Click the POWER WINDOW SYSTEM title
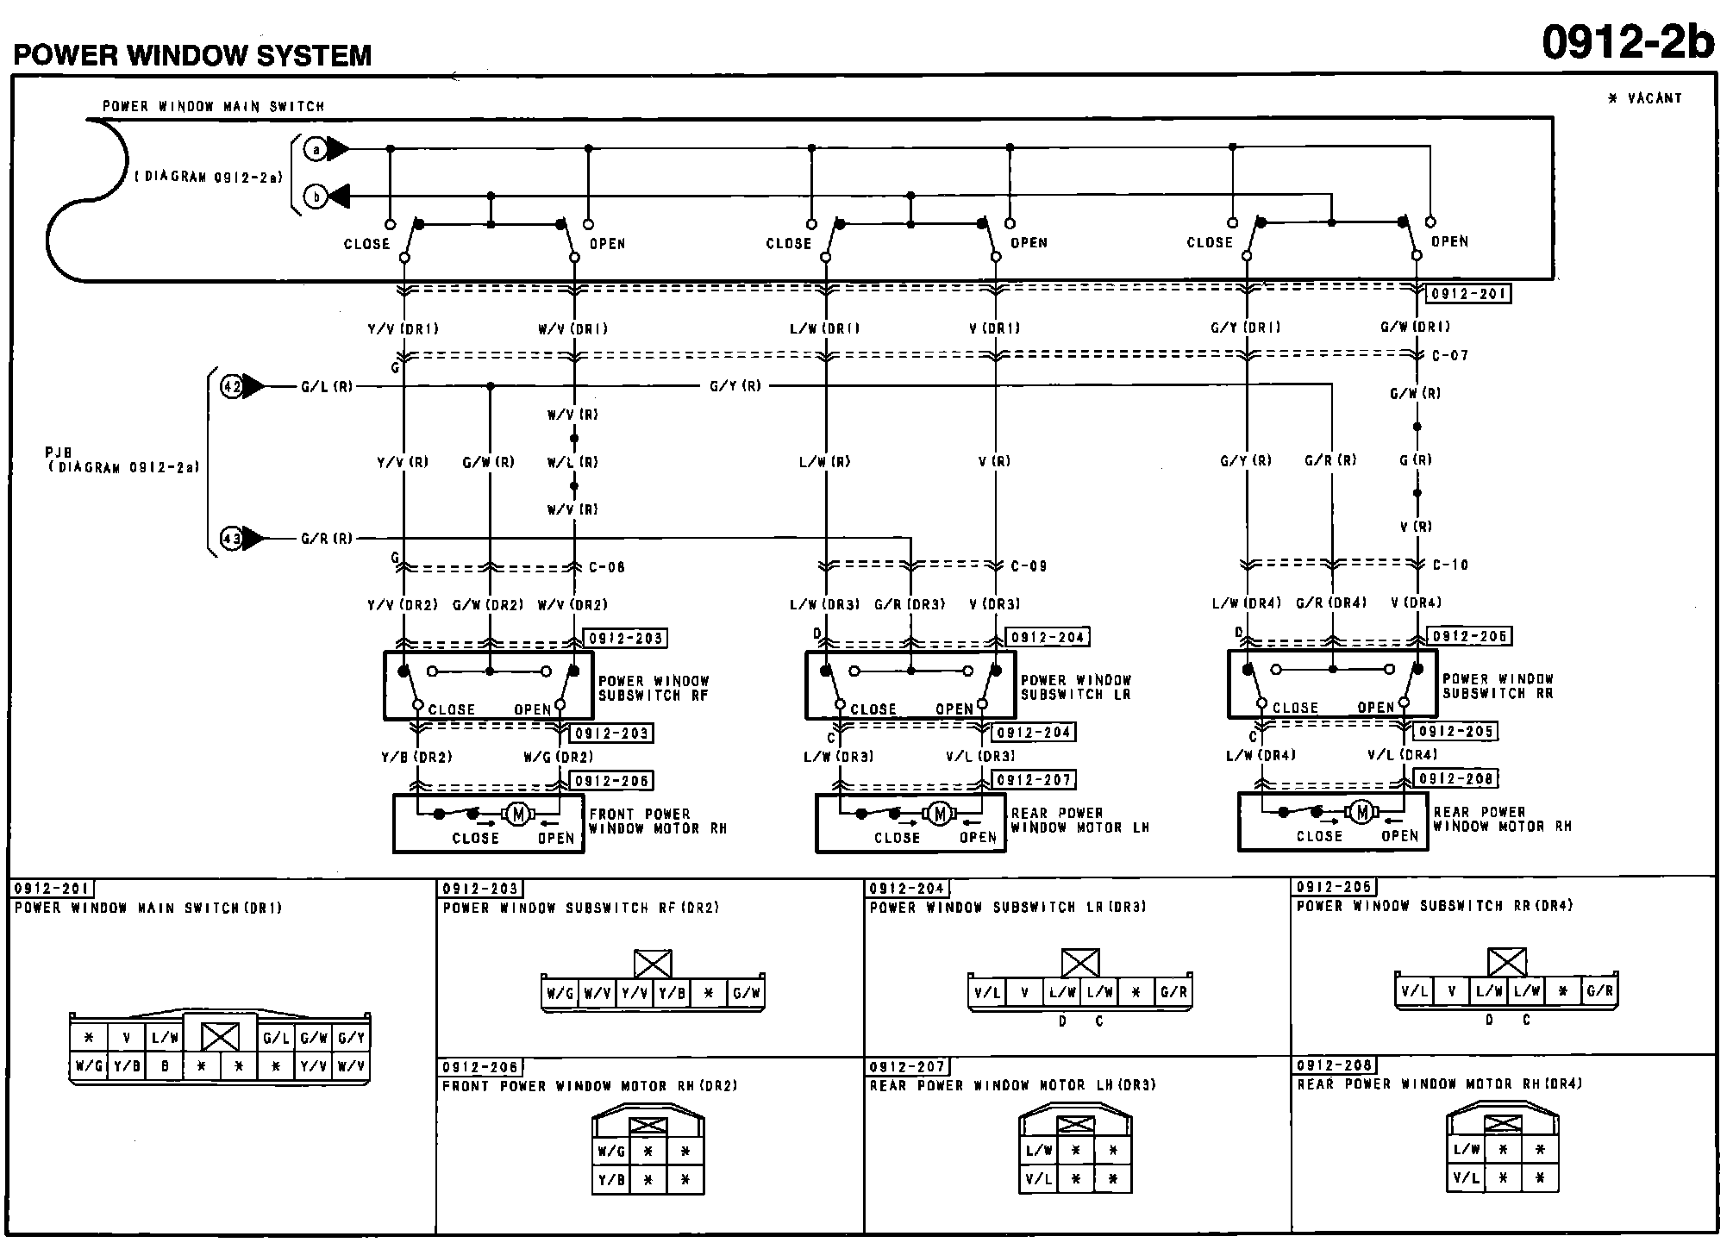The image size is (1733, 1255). [x=192, y=56]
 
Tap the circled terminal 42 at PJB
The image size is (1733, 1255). [x=232, y=387]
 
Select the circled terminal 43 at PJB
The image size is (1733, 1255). [x=232, y=540]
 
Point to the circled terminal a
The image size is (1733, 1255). [x=316, y=150]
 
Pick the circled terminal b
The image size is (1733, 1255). [x=316, y=197]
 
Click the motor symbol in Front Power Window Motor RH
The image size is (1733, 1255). [x=517, y=814]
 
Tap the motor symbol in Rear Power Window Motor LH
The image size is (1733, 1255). [x=940, y=813]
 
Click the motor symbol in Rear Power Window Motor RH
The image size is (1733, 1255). [x=1362, y=811]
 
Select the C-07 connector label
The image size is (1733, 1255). [x=1449, y=355]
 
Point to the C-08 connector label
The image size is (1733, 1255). [x=606, y=567]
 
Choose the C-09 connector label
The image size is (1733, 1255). [x=1029, y=566]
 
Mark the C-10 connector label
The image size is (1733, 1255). [x=1450, y=565]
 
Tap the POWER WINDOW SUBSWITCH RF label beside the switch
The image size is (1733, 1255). [x=654, y=688]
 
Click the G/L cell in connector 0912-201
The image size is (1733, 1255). [x=276, y=1038]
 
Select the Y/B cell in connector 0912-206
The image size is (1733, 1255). [x=611, y=1179]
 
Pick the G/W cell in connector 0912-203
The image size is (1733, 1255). [x=746, y=993]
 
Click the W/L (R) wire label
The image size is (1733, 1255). [x=572, y=463]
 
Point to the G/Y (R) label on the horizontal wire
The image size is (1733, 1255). [x=735, y=386]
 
